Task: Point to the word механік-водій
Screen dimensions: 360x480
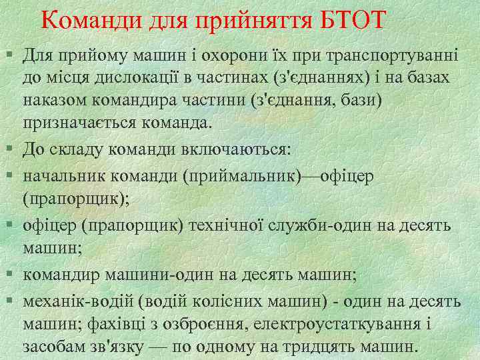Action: click(68, 299)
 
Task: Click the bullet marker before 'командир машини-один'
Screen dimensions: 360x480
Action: click(12, 274)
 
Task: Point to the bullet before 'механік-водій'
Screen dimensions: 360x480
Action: click(12, 300)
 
